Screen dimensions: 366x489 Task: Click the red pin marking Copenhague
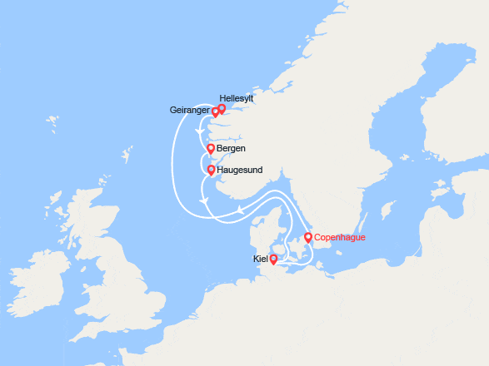click(x=308, y=238)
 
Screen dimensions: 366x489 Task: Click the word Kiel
click(x=260, y=260)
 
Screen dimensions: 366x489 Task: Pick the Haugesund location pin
click(x=211, y=170)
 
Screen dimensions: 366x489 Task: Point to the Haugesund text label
click(x=239, y=170)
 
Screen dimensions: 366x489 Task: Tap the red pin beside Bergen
click(x=211, y=149)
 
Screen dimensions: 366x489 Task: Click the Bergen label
click(x=231, y=149)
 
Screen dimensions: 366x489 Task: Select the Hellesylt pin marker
click(x=222, y=109)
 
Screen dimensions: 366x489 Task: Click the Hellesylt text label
click(x=237, y=98)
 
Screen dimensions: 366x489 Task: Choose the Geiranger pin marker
click(x=215, y=112)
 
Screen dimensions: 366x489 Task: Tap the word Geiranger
click(x=188, y=110)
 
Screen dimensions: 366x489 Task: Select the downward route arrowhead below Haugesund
click(x=203, y=202)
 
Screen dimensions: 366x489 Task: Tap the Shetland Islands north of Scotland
click(x=127, y=156)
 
